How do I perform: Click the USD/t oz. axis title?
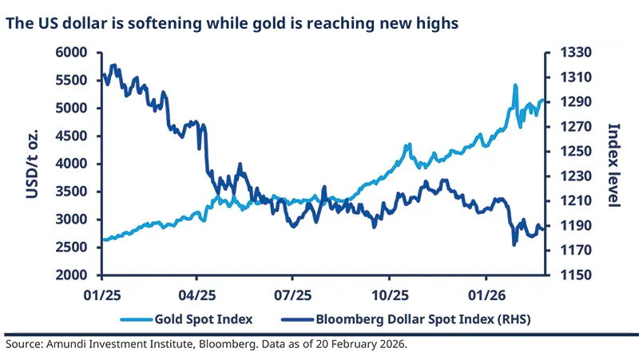click(33, 164)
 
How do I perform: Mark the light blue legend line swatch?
click(137, 319)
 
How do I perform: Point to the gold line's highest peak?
click(514, 85)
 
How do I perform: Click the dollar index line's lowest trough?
click(514, 244)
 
